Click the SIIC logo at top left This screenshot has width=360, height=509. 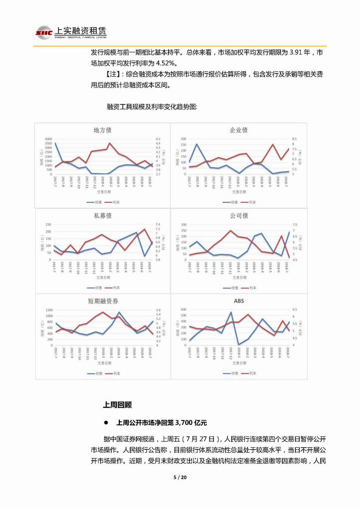44,33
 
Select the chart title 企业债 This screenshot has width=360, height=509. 239,130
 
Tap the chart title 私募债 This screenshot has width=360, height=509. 102,216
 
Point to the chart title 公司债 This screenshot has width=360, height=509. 239,216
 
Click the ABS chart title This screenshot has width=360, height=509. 239,301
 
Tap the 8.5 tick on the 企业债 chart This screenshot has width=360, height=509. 294,139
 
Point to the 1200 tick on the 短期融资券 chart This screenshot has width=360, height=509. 48,309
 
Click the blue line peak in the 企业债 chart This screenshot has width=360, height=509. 197,144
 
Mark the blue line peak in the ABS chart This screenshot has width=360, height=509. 231,312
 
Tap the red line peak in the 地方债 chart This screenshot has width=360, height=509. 109,143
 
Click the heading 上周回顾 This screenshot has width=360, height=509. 117,405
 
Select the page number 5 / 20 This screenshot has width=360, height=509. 180,478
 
